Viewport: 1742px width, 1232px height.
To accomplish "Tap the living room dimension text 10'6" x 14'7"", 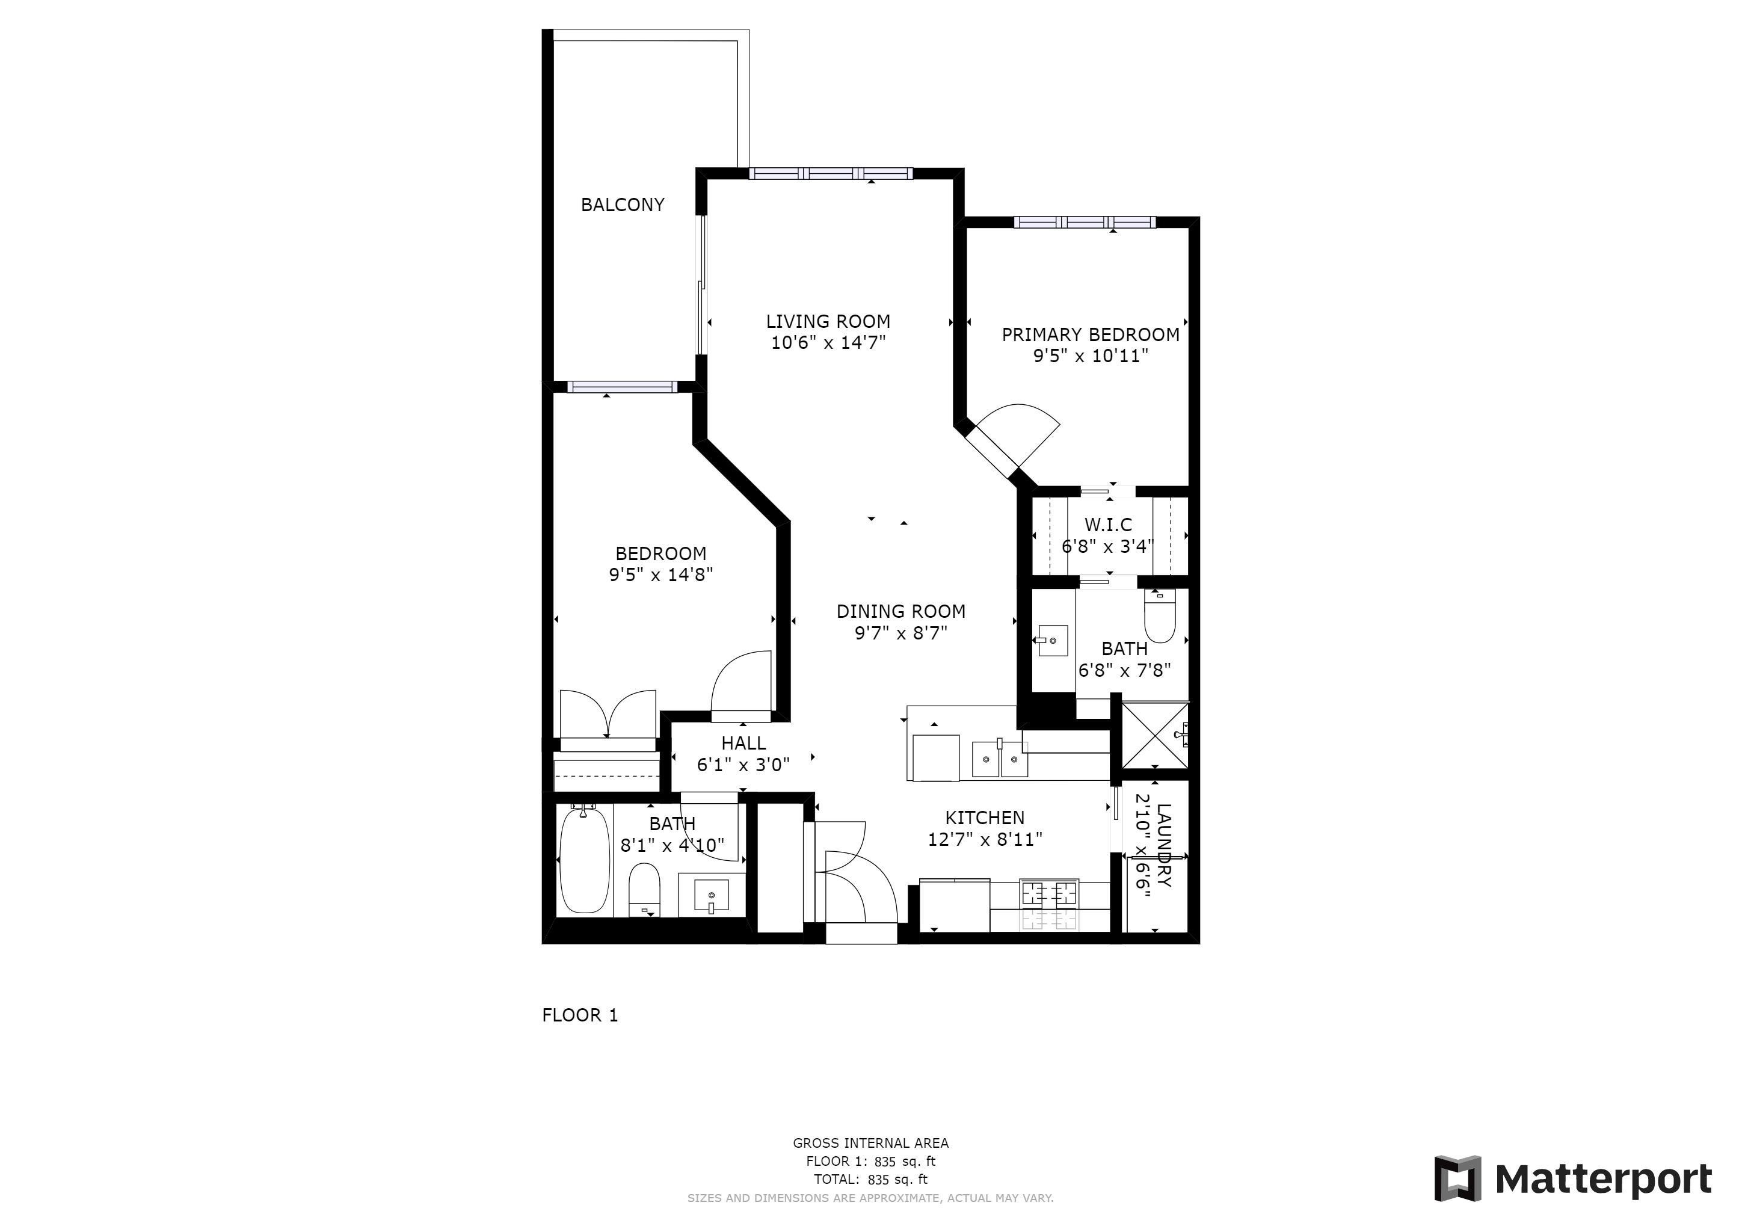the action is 828,343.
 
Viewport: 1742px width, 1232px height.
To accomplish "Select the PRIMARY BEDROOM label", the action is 1091,334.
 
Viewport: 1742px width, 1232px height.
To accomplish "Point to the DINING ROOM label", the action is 900,611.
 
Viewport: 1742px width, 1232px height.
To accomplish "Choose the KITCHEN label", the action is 985,818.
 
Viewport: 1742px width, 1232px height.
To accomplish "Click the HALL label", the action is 743,744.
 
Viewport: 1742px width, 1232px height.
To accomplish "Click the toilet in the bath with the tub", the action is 645,889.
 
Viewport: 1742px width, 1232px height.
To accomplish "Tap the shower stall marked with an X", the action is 1154,735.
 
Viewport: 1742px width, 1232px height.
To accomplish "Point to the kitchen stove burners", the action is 1050,905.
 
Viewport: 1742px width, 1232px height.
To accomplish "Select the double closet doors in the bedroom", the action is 608,712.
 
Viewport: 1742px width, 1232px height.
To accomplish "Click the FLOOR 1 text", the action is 580,1015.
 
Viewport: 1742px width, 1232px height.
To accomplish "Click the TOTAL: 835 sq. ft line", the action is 870,1180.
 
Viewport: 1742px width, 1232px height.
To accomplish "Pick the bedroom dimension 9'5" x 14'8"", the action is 661,575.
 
